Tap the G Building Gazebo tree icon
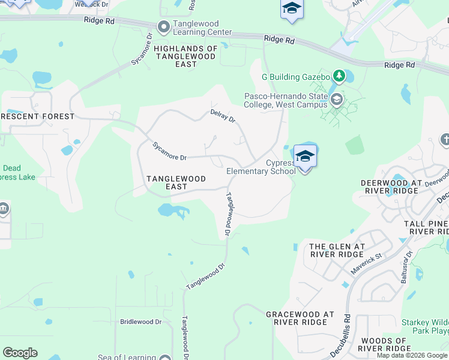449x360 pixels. coord(339,76)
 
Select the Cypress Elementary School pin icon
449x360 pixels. coord(305,157)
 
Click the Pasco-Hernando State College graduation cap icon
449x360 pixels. coord(336,99)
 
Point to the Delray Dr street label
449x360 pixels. coord(223,116)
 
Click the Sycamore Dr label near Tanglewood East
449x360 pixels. coord(169,151)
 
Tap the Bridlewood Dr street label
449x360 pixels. coord(141,322)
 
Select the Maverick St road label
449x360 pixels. coord(366,262)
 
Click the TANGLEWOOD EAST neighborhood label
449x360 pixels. coord(176,182)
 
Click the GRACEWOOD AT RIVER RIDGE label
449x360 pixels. coord(300,318)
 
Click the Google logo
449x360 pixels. coord(20,353)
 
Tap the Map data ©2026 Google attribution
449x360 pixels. coord(412,355)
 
